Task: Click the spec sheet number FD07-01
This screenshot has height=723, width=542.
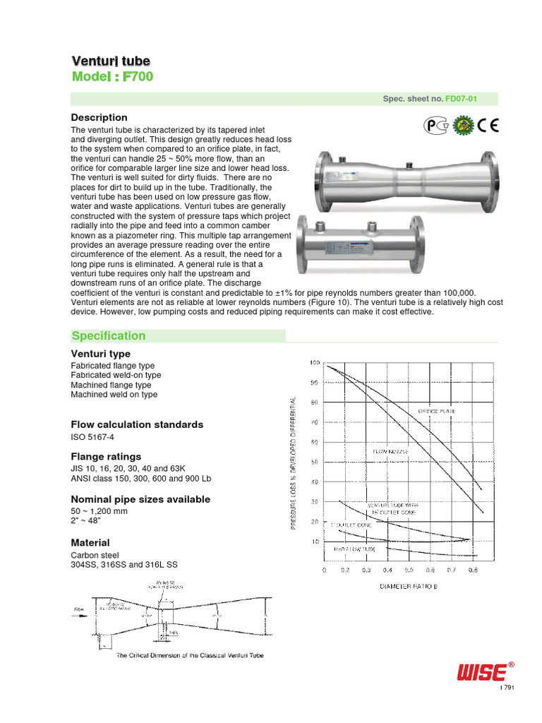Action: click(461, 100)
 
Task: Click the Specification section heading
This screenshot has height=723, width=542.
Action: click(109, 336)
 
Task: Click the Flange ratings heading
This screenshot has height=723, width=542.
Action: click(106, 456)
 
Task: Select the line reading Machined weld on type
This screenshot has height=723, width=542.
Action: click(114, 395)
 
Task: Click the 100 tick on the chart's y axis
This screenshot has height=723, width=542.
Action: click(315, 363)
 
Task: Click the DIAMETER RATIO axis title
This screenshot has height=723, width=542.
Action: click(409, 586)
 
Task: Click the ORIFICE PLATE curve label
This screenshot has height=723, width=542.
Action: click(438, 410)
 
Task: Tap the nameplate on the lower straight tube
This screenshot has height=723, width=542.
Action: click(348, 248)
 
